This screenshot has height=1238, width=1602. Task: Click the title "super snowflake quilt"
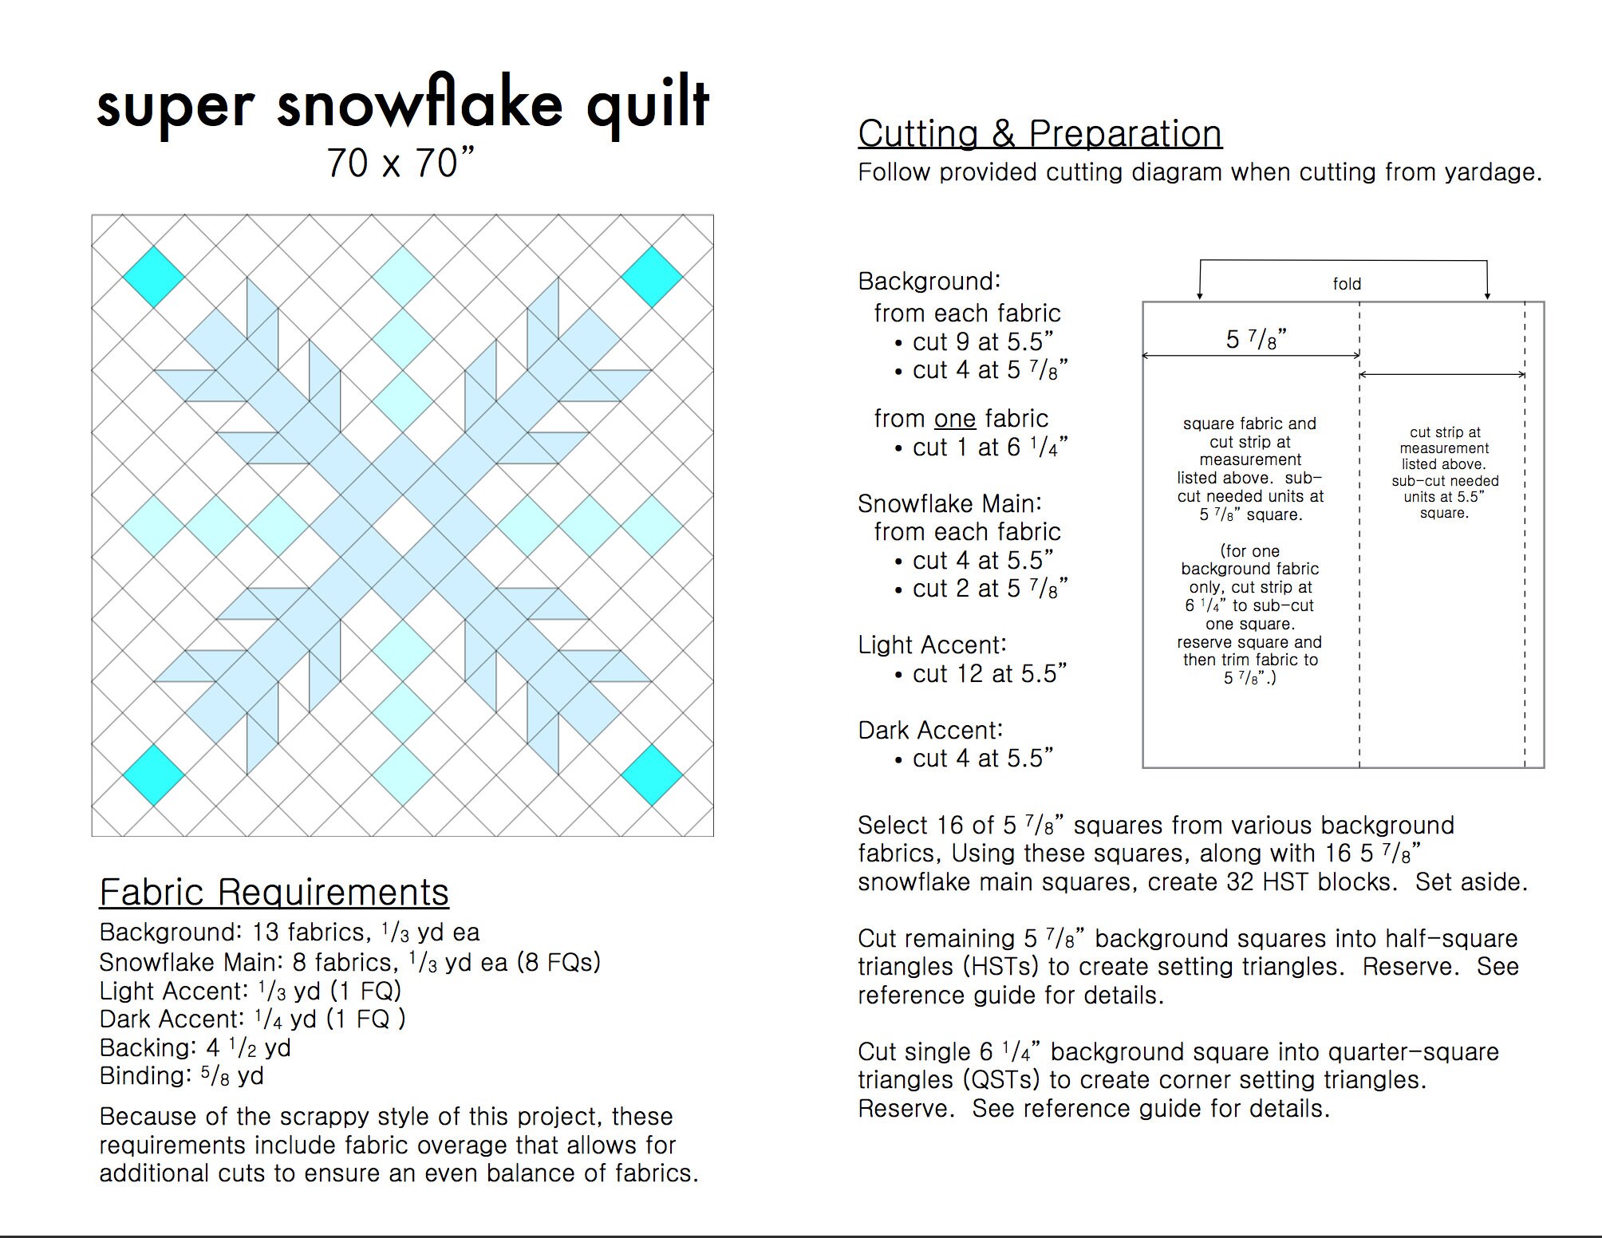(403, 104)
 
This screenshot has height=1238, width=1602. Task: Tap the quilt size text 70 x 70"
(400, 164)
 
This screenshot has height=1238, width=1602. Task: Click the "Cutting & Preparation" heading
(1040, 134)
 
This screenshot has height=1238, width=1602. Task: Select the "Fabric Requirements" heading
(274, 892)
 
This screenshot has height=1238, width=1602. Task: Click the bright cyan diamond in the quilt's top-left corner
(153, 277)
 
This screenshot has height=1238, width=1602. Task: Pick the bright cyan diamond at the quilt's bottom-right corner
(652, 775)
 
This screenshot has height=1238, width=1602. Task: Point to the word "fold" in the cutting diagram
(1347, 284)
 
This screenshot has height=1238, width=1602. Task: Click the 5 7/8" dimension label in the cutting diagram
(1257, 340)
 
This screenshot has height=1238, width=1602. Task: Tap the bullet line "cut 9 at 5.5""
(982, 342)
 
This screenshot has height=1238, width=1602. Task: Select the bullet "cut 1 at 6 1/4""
(989, 447)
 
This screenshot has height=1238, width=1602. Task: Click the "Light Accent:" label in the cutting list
(932, 645)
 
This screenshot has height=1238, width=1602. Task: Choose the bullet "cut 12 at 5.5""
(989, 674)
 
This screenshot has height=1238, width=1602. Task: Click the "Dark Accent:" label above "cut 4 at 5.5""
(930, 730)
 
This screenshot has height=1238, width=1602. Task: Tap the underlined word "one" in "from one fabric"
(955, 419)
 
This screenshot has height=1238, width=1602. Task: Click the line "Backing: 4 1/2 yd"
(195, 1047)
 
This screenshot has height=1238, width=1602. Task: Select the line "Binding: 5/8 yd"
(181, 1076)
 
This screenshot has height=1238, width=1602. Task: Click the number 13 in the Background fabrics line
(266, 932)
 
